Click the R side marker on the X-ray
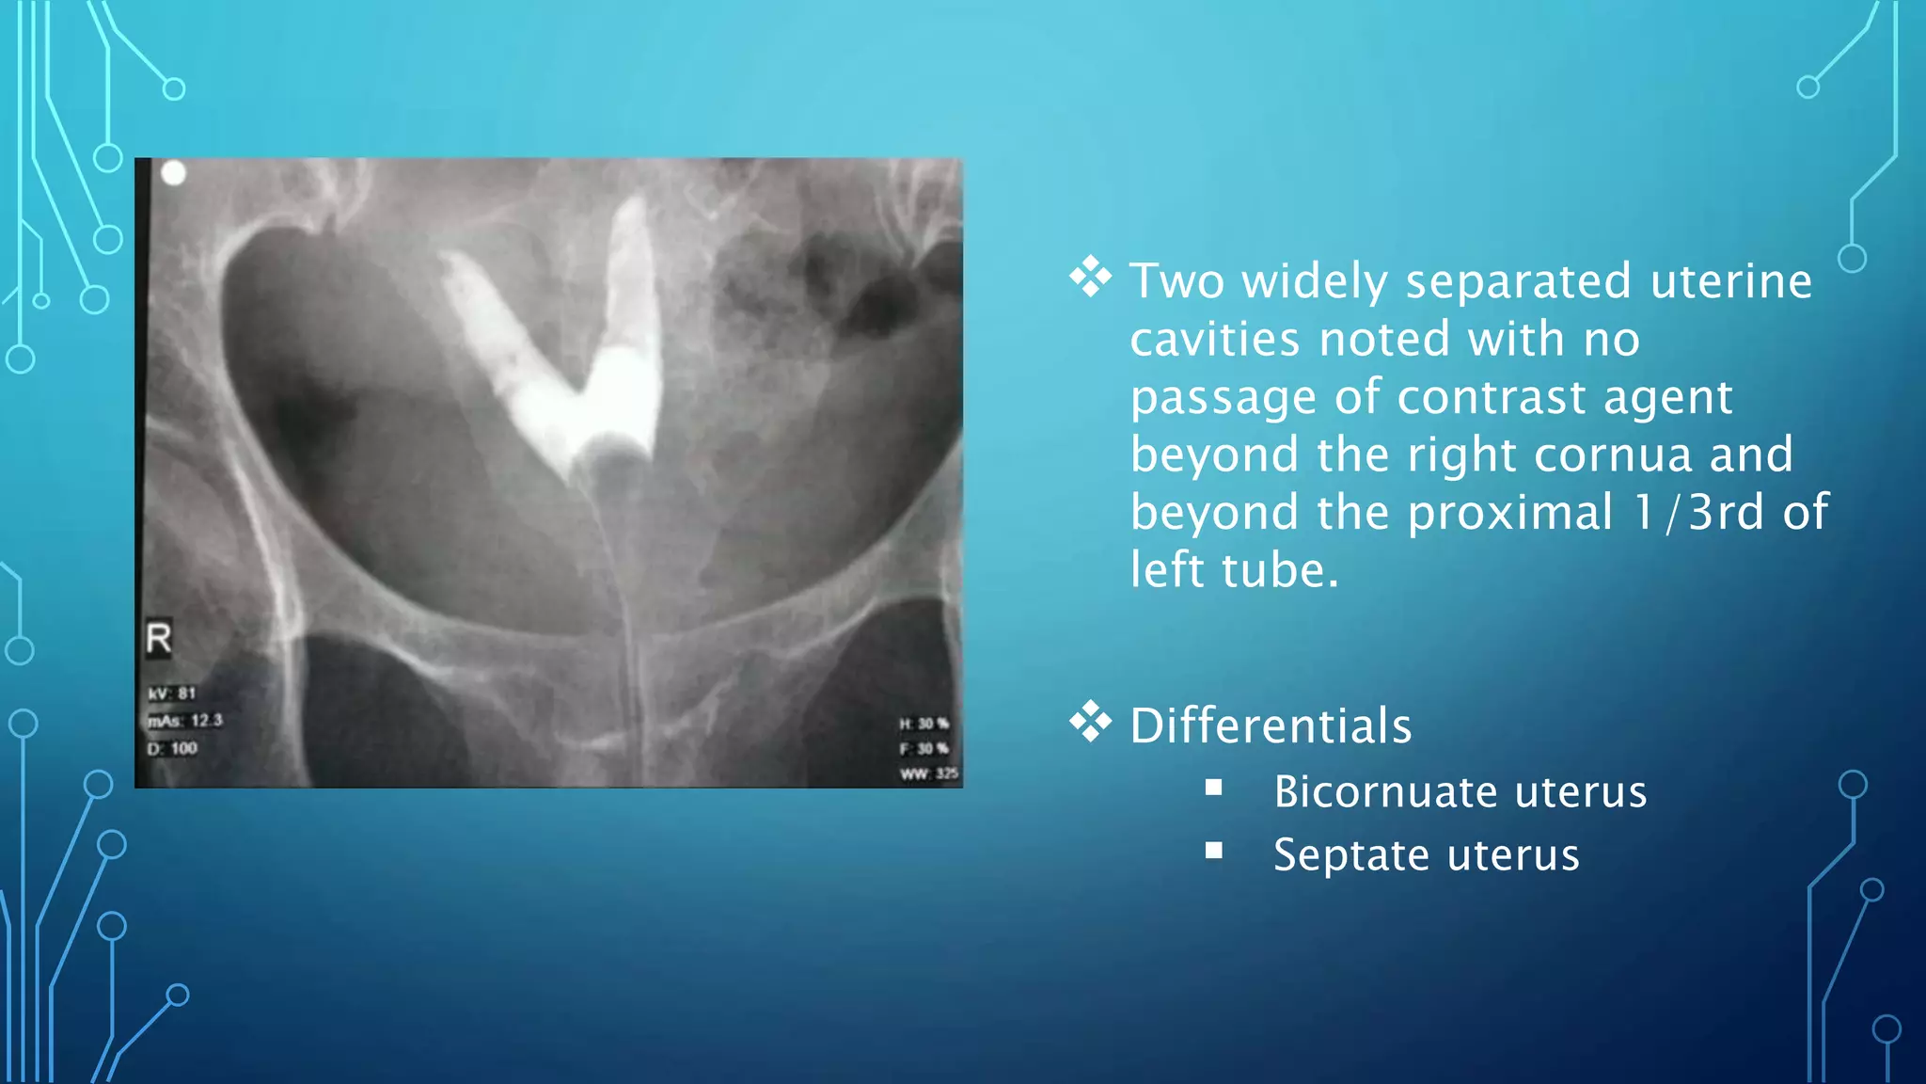(x=159, y=638)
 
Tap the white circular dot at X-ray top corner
(x=174, y=173)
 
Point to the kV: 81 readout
(x=172, y=693)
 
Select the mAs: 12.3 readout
(x=185, y=721)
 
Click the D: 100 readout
(x=172, y=749)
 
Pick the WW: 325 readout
(x=928, y=773)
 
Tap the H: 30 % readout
(x=924, y=724)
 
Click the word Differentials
(x=1271, y=725)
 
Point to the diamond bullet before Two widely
(x=1090, y=278)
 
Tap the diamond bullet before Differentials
(x=1090, y=722)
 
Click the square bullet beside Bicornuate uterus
(x=1214, y=788)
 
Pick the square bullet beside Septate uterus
(x=1214, y=851)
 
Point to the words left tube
(x=1233, y=570)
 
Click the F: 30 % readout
(x=924, y=749)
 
